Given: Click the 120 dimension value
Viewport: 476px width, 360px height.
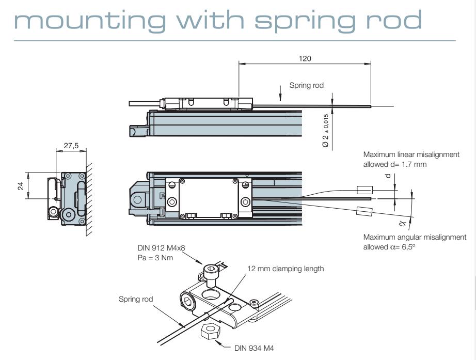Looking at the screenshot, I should click(x=305, y=59).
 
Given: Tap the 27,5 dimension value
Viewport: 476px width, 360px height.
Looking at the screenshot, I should click(x=71, y=146).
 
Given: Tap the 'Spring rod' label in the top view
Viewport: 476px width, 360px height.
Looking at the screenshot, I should click(x=306, y=85).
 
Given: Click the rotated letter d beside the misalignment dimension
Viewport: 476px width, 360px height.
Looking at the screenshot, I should click(x=388, y=177).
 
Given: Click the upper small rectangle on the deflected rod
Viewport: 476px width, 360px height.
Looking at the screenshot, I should click(x=366, y=189).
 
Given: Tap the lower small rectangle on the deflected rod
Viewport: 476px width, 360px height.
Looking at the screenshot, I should click(x=364, y=211).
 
